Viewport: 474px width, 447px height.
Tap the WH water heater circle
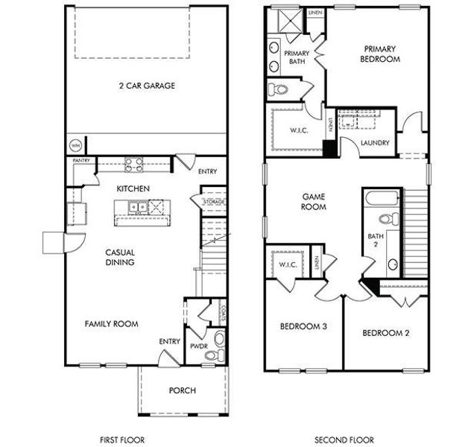click(x=75, y=145)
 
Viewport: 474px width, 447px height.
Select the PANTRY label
click(x=81, y=161)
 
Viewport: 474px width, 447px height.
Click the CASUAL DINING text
click(x=119, y=257)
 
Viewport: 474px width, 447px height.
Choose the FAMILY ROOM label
click(x=111, y=323)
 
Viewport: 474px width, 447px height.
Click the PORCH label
click(x=182, y=390)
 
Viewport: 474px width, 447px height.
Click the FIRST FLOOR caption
click(x=122, y=440)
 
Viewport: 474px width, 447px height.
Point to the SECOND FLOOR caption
click(x=344, y=440)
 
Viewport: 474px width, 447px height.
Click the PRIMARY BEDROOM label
click(x=379, y=54)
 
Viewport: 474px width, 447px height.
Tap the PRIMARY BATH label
click(x=296, y=58)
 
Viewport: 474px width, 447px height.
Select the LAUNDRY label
click(x=375, y=142)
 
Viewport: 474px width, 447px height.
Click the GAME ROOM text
click(x=314, y=202)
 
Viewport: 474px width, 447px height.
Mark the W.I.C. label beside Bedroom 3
click(x=289, y=265)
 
